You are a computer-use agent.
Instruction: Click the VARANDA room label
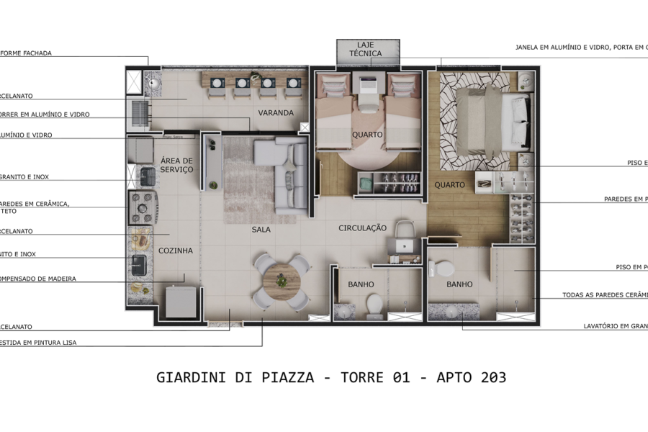[x=276, y=113]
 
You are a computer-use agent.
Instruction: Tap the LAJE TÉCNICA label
[x=366, y=50]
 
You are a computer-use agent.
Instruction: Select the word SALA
[x=261, y=230]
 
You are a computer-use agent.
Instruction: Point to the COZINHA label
[x=176, y=251]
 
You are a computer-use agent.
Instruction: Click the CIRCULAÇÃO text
[x=363, y=228]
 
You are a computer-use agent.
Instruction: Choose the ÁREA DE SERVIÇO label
[x=176, y=165]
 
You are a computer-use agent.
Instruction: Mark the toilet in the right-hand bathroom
[x=443, y=269]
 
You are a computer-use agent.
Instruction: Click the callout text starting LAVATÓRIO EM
[x=616, y=326]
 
